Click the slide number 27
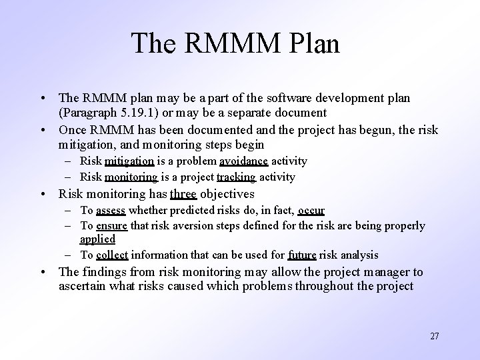coord(434,336)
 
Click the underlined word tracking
coord(236,177)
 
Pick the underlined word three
coord(183,195)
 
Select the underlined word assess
coord(111,211)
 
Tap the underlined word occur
coord(311,211)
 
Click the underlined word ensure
coord(112,226)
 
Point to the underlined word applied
coord(97,239)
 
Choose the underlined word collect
coord(112,255)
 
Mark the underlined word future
coord(302,255)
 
